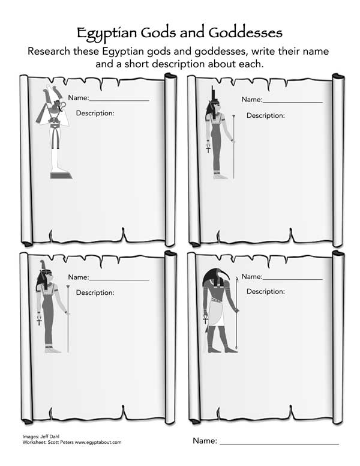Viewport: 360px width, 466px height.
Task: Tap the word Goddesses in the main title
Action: point(245,31)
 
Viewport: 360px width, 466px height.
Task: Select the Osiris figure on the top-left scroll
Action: point(58,132)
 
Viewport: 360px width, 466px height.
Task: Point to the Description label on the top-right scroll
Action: point(265,115)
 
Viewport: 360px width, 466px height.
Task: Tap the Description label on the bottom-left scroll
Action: point(95,292)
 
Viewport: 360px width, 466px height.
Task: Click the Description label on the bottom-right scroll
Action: point(265,291)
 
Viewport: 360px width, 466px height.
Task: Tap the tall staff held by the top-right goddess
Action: point(233,147)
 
